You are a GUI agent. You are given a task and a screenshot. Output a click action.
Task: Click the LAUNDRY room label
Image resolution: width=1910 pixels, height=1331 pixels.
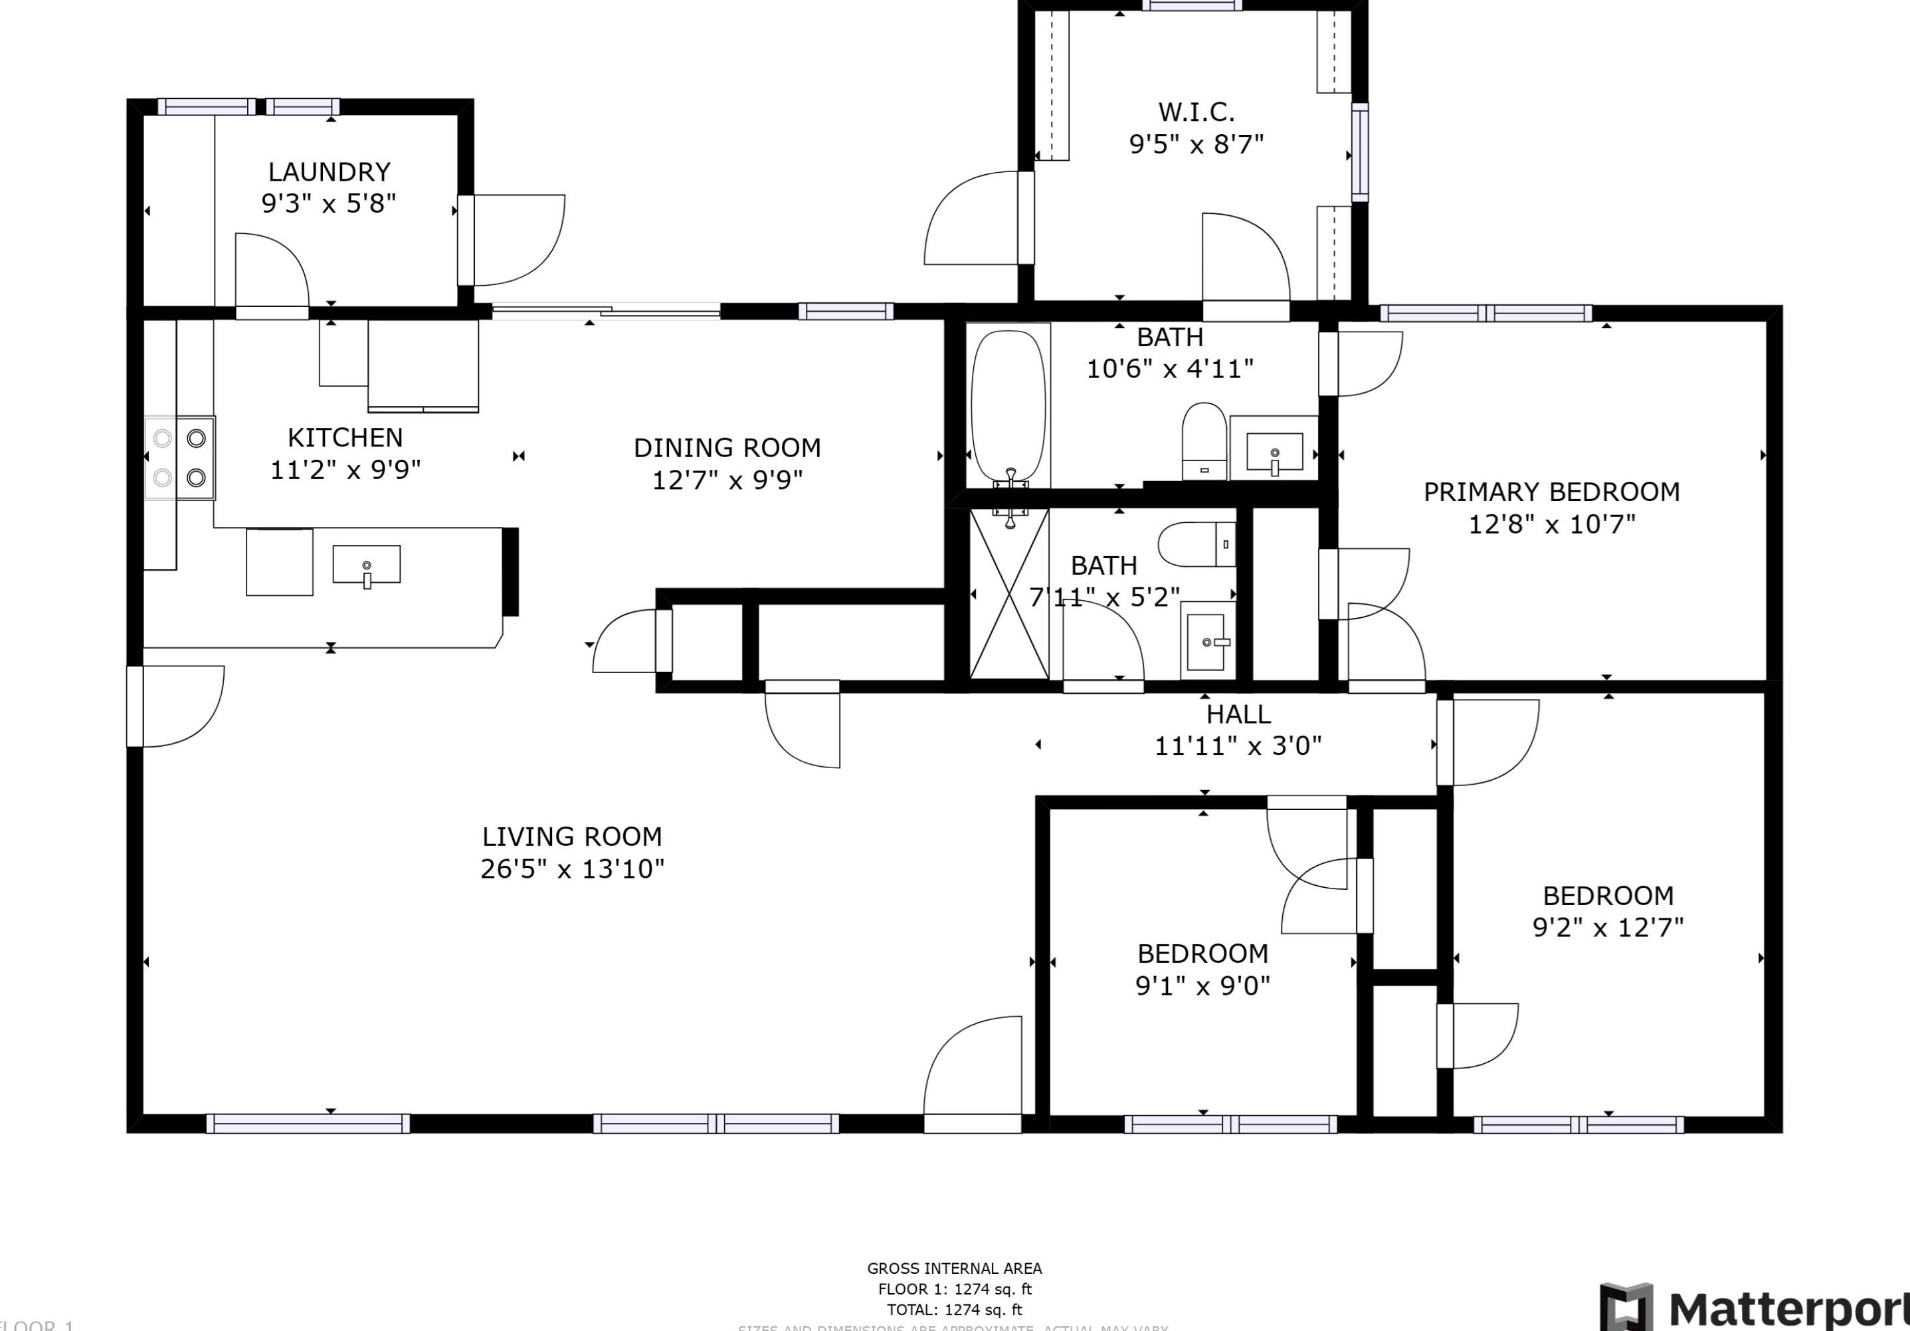pos(329,172)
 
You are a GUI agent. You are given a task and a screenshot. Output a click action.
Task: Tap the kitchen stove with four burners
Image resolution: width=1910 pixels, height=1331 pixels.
pos(179,458)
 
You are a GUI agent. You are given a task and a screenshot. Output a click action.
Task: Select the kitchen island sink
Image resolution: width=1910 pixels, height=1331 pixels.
pos(366,565)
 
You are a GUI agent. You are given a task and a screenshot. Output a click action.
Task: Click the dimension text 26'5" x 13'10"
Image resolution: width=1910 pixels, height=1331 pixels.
pos(572,869)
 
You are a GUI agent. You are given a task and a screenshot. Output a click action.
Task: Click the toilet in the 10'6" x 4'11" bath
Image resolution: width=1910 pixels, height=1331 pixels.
pos(1204,441)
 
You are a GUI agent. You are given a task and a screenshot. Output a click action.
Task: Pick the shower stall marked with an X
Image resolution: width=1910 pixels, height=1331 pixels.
pos(1009,594)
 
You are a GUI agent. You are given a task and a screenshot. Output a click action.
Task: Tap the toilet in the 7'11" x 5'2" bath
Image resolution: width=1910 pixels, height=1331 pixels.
pos(1197,544)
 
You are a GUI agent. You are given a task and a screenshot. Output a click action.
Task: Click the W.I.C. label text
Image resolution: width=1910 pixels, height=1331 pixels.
pos(1196,112)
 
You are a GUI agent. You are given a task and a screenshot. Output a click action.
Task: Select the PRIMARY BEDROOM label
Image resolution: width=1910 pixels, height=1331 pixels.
pos(1551,492)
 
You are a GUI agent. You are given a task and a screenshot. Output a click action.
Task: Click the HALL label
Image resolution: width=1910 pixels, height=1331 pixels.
pos(1238,714)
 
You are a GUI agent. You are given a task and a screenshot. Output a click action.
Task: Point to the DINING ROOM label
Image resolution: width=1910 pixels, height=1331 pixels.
pos(727,449)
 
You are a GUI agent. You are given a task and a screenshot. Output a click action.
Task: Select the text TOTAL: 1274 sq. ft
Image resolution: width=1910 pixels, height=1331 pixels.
pos(954,1309)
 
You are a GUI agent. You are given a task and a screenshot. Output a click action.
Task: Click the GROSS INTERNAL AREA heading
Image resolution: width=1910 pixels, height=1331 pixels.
pos(954,1268)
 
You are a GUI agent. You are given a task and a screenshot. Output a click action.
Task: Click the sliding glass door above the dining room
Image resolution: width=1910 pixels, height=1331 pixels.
pos(606,312)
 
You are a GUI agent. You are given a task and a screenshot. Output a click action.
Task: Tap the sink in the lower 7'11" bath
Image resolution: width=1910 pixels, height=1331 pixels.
pos(1206,641)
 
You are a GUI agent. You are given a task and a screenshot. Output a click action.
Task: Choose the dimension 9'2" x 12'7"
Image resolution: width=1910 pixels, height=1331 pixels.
pos(1607,928)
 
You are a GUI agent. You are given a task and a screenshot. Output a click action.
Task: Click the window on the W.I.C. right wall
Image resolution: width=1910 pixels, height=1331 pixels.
pos(1359,152)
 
